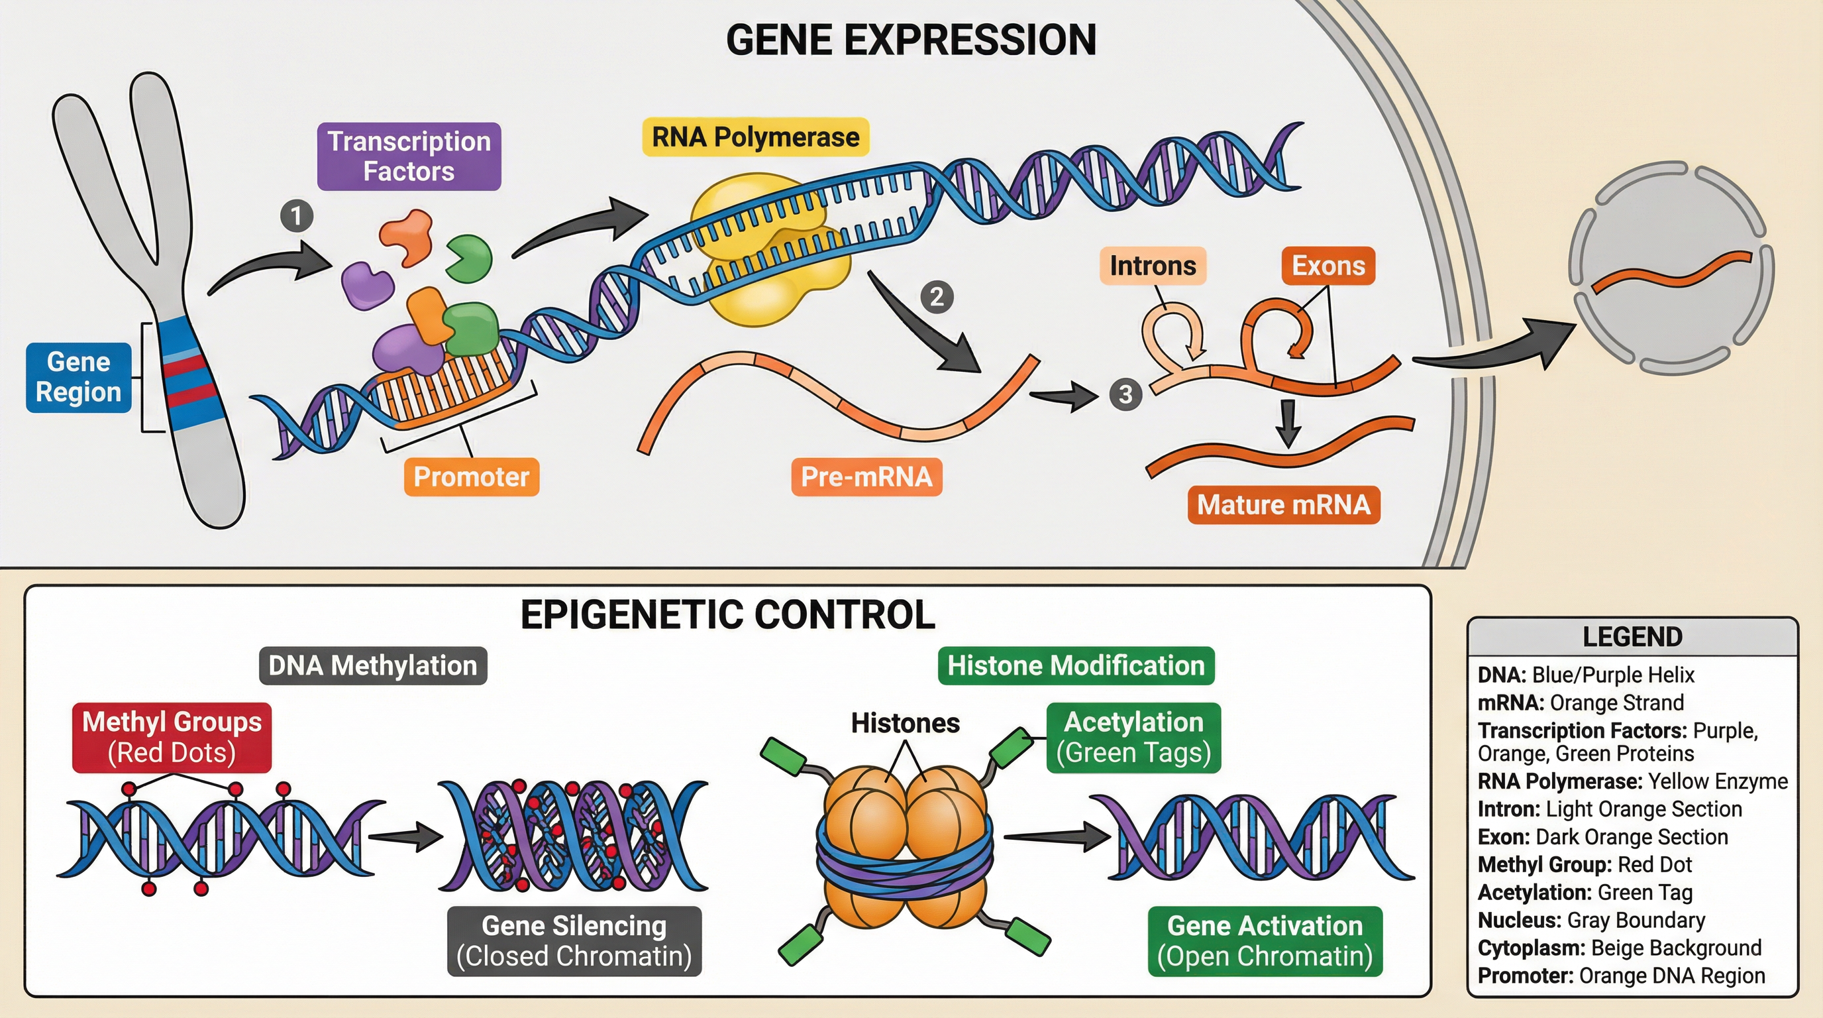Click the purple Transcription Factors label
(x=409, y=156)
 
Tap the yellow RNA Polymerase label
(x=755, y=137)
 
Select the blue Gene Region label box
(x=79, y=377)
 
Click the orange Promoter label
(x=472, y=477)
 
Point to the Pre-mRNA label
(x=866, y=477)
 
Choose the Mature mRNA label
(x=1284, y=505)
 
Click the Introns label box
(x=1153, y=266)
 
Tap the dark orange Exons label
(x=1328, y=266)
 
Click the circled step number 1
(x=297, y=215)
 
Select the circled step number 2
(x=936, y=297)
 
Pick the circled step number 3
(x=1125, y=394)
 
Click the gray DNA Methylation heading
(x=373, y=665)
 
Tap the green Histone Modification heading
(x=1076, y=665)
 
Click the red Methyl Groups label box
(x=172, y=737)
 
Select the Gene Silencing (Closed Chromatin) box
(x=574, y=941)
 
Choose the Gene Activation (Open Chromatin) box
(x=1265, y=941)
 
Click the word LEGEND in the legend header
(x=1632, y=636)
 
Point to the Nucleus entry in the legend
(x=1591, y=920)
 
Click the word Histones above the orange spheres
(x=905, y=723)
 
